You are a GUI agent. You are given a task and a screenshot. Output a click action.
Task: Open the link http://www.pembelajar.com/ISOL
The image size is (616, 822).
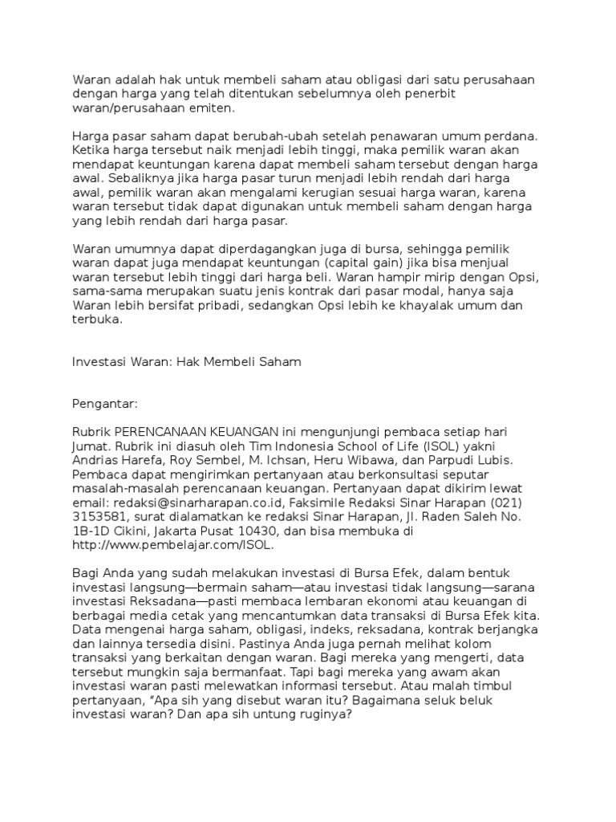[173, 545]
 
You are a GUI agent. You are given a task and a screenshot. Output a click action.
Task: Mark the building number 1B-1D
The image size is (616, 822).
[92, 531]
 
